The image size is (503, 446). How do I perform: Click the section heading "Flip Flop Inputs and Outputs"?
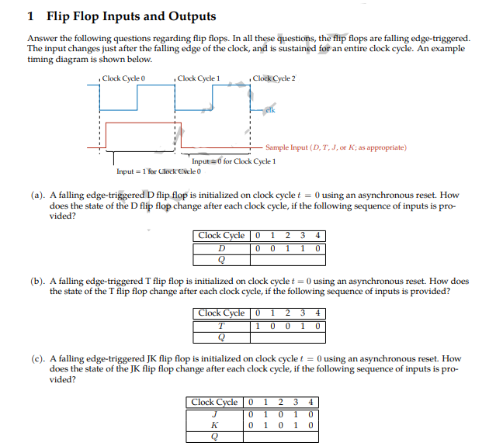pos(131,16)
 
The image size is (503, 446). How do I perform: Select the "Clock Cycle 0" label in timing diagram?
pos(124,78)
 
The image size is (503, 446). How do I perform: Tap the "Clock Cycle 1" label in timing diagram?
pos(199,78)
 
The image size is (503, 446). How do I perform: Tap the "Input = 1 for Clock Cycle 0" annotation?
pos(158,171)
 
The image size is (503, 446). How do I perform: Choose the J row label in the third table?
pos(215,414)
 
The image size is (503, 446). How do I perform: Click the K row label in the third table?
pos(215,425)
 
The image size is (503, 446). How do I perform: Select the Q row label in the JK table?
pos(215,436)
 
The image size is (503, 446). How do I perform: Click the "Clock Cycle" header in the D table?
pos(222,236)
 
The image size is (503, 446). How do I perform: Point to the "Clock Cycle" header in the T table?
pos(222,314)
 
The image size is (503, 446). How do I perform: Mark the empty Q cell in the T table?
pos(287,337)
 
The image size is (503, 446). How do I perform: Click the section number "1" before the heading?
pos(30,16)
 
